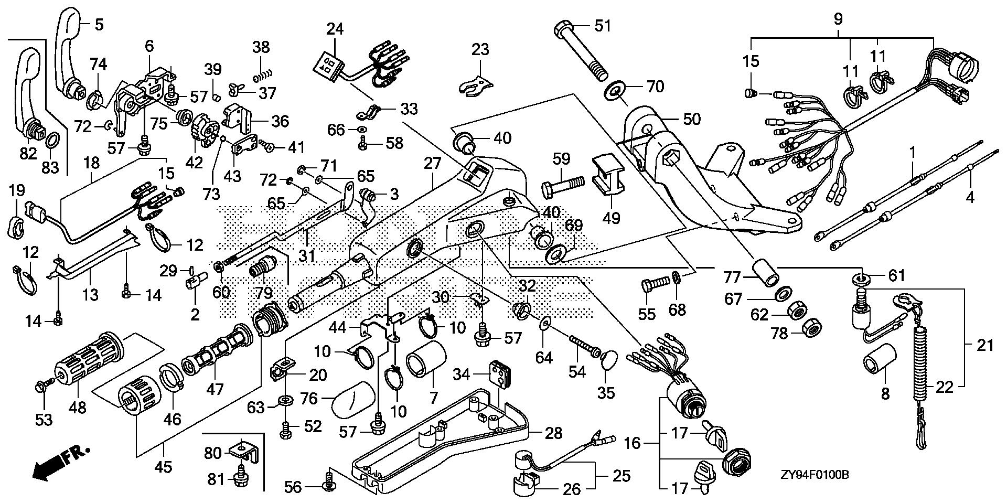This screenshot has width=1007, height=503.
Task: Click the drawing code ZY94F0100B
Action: (813, 475)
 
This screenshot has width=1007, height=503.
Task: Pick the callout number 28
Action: (553, 433)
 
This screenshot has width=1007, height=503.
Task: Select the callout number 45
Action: (164, 466)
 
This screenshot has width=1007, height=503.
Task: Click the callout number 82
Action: (28, 153)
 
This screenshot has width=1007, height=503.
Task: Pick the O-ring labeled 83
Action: (53, 141)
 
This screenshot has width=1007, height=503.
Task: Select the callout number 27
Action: (433, 163)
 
